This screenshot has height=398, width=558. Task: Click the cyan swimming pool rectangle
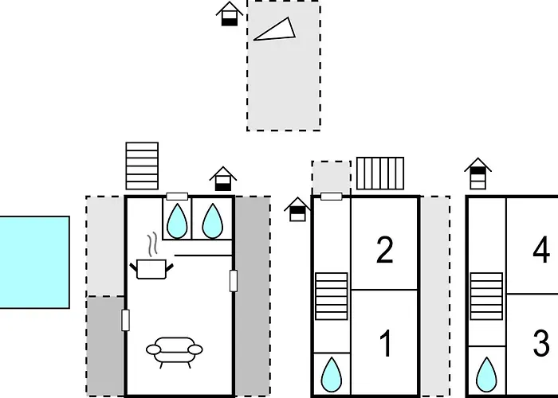34,262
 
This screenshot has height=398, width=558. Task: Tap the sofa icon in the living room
175,352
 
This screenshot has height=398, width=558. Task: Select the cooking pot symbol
151,269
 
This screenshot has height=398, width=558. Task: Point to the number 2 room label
385,250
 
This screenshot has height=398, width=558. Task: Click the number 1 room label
386,343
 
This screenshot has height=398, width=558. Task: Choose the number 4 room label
541,250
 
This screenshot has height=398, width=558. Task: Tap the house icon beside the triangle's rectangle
230,14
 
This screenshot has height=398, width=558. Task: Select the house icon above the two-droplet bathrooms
223,179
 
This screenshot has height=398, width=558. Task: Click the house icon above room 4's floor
478,174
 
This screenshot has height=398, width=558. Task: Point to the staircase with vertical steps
380,174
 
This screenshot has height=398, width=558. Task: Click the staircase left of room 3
486,296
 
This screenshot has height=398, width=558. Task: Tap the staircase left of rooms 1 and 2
332,296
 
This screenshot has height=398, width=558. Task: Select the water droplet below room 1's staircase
332,374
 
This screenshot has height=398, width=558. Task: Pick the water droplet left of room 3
486,374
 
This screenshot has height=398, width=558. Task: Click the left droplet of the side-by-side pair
177,220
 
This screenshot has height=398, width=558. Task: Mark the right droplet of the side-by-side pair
213,220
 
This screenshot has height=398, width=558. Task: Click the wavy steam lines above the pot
152,245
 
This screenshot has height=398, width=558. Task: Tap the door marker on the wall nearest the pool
125,320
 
